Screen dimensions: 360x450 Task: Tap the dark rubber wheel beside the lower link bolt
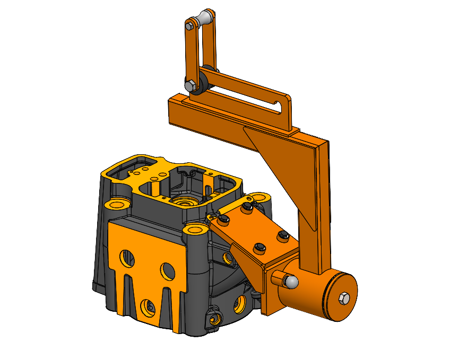[201, 84]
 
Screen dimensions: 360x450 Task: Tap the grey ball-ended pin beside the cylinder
[290, 282]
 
